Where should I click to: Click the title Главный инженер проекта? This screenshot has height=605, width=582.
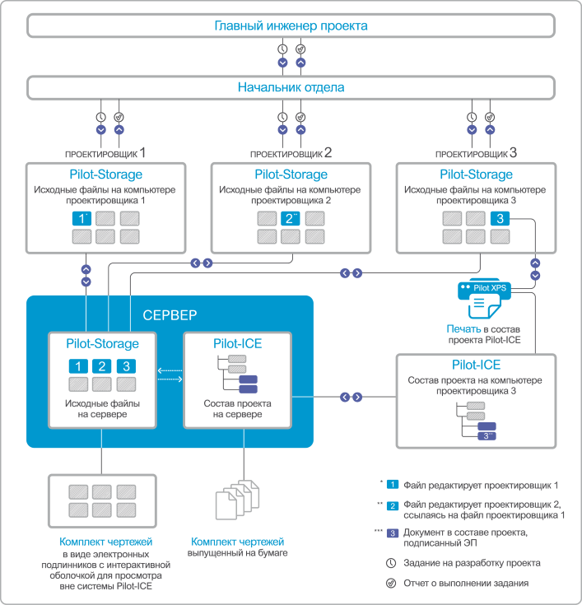pos(291,26)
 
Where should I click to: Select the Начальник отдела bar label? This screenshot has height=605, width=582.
pos(291,86)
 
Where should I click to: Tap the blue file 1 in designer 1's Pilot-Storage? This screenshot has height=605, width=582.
pos(81,218)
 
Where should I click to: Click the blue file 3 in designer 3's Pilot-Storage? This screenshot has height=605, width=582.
pos(501,218)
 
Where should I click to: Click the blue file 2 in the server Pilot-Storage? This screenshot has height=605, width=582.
pos(101,366)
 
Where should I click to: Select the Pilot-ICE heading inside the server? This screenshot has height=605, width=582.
pos(237,343)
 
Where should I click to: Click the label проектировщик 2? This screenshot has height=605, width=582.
pos(291,153)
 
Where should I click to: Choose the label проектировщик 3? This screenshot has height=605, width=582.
pos(476,153)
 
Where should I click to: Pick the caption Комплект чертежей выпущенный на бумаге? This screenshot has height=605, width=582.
pos(238,547)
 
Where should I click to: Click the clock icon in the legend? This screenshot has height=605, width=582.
pos(389,563)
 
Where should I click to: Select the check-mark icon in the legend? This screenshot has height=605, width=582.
pos(389,583)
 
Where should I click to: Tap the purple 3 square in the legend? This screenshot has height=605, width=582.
pos(393,533)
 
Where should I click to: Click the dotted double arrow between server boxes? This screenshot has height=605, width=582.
pos(169,375)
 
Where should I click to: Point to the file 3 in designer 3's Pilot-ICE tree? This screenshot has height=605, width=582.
pos(487,435)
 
